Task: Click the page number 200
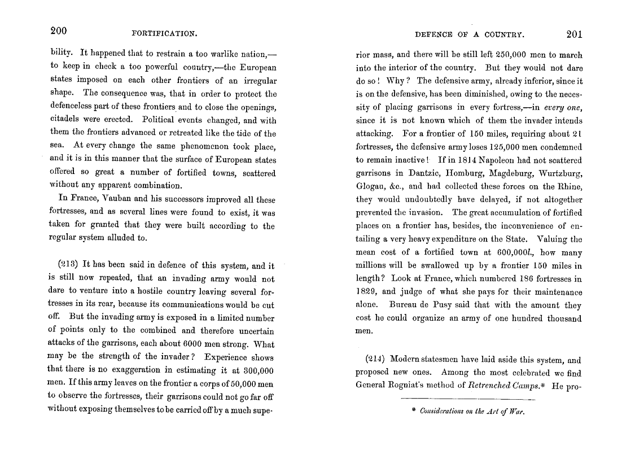coord(59,32)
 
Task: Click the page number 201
coord(574,34)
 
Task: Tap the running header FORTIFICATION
coord(164,34)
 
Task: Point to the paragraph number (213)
coord(69,265)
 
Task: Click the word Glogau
coord(370,186)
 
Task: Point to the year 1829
coord(367,292)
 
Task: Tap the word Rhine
coord(570,186)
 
